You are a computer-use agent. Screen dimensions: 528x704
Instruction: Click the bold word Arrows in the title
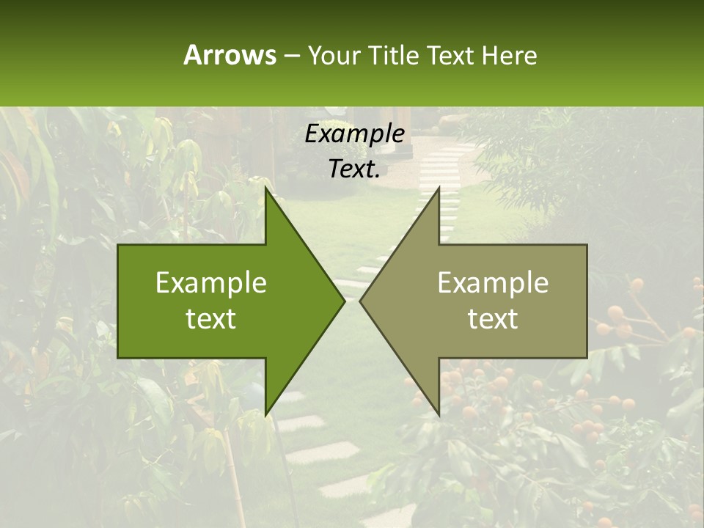coord(229,55)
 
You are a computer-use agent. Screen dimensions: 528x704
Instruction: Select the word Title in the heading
coord(392,55)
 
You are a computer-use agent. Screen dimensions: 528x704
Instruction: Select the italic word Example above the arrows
coord(354,134)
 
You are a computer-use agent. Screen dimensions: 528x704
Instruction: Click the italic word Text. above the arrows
coord(354,169)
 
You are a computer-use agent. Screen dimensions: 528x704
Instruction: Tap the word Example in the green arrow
coord(211,283)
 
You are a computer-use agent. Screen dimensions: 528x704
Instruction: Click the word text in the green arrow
coord(211,318)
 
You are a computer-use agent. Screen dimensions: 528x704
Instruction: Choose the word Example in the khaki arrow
coord(493,283)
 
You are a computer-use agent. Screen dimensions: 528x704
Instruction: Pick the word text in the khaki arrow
coord(493,318)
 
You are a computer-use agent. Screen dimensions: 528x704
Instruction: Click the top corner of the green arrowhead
coord(265,188)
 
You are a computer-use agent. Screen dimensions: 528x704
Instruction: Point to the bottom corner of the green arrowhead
coord(265,415)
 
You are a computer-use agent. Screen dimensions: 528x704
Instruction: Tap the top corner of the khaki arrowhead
coord(439,188)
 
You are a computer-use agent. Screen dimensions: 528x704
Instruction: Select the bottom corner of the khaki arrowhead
coord(439,415)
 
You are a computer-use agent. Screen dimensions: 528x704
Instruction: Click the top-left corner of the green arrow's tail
coord(118,245)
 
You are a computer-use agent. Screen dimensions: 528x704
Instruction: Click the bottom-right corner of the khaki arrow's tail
coord(587,357)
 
